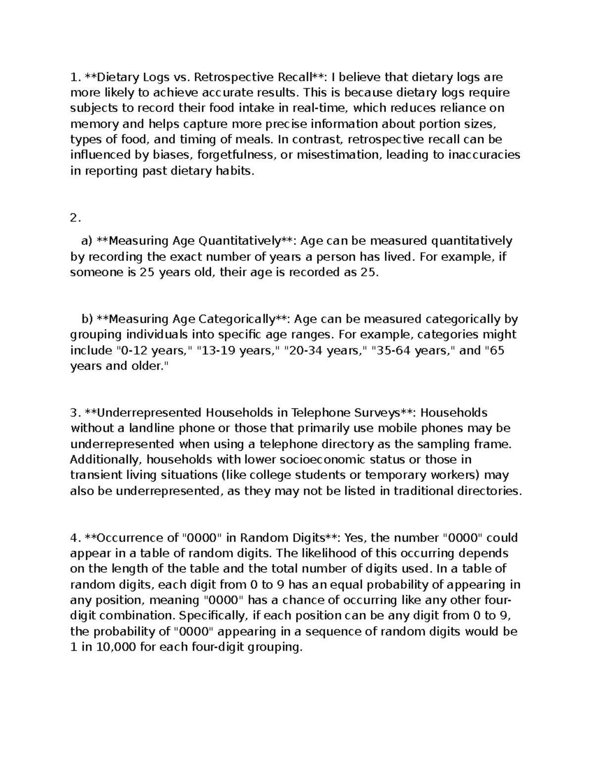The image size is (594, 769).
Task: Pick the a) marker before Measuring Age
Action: tap(87, 241)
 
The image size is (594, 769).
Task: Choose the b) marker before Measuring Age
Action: tap(87, 319)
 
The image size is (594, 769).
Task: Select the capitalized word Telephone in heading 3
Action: tap(319, 413)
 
